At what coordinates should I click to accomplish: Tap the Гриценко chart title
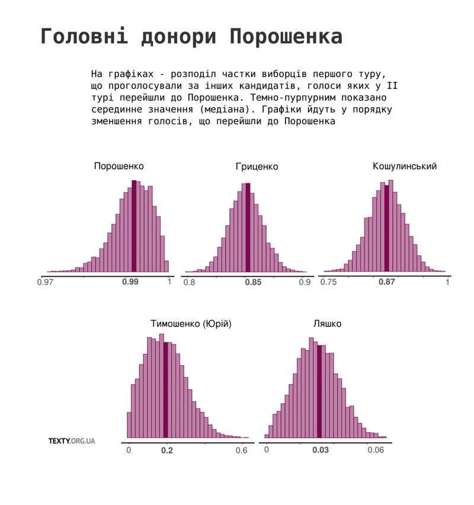pyautogui.click(x=257, y=167)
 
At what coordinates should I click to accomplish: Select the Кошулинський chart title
pyautogui.click(x=405, y=166)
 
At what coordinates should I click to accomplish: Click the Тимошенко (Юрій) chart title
pyautogui.click(x=191, y=324)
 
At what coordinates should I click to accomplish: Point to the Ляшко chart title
pyautogui.click(x=327, y=324)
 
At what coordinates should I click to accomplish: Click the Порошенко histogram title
pyautogui.click(x=118, y=166)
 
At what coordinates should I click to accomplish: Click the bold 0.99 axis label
pyautogui.click(x=130, y=282)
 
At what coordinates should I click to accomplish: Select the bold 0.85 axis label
pyautogui.click(x=253, y=283)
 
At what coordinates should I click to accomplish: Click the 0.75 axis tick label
pyautogui.click(x=328, y=283)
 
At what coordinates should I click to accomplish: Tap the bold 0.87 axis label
pyautogui.click(x=387, y=282)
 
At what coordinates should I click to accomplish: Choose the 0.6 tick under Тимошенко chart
pyautogui.click(x=241, y=450)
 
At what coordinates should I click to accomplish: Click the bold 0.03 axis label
pyautogui.click(x=321, y=450)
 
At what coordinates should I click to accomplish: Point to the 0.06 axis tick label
pyautogui.click(x=376, y=450)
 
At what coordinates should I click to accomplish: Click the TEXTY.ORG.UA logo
pyautogui.click(x=72, y=441)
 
